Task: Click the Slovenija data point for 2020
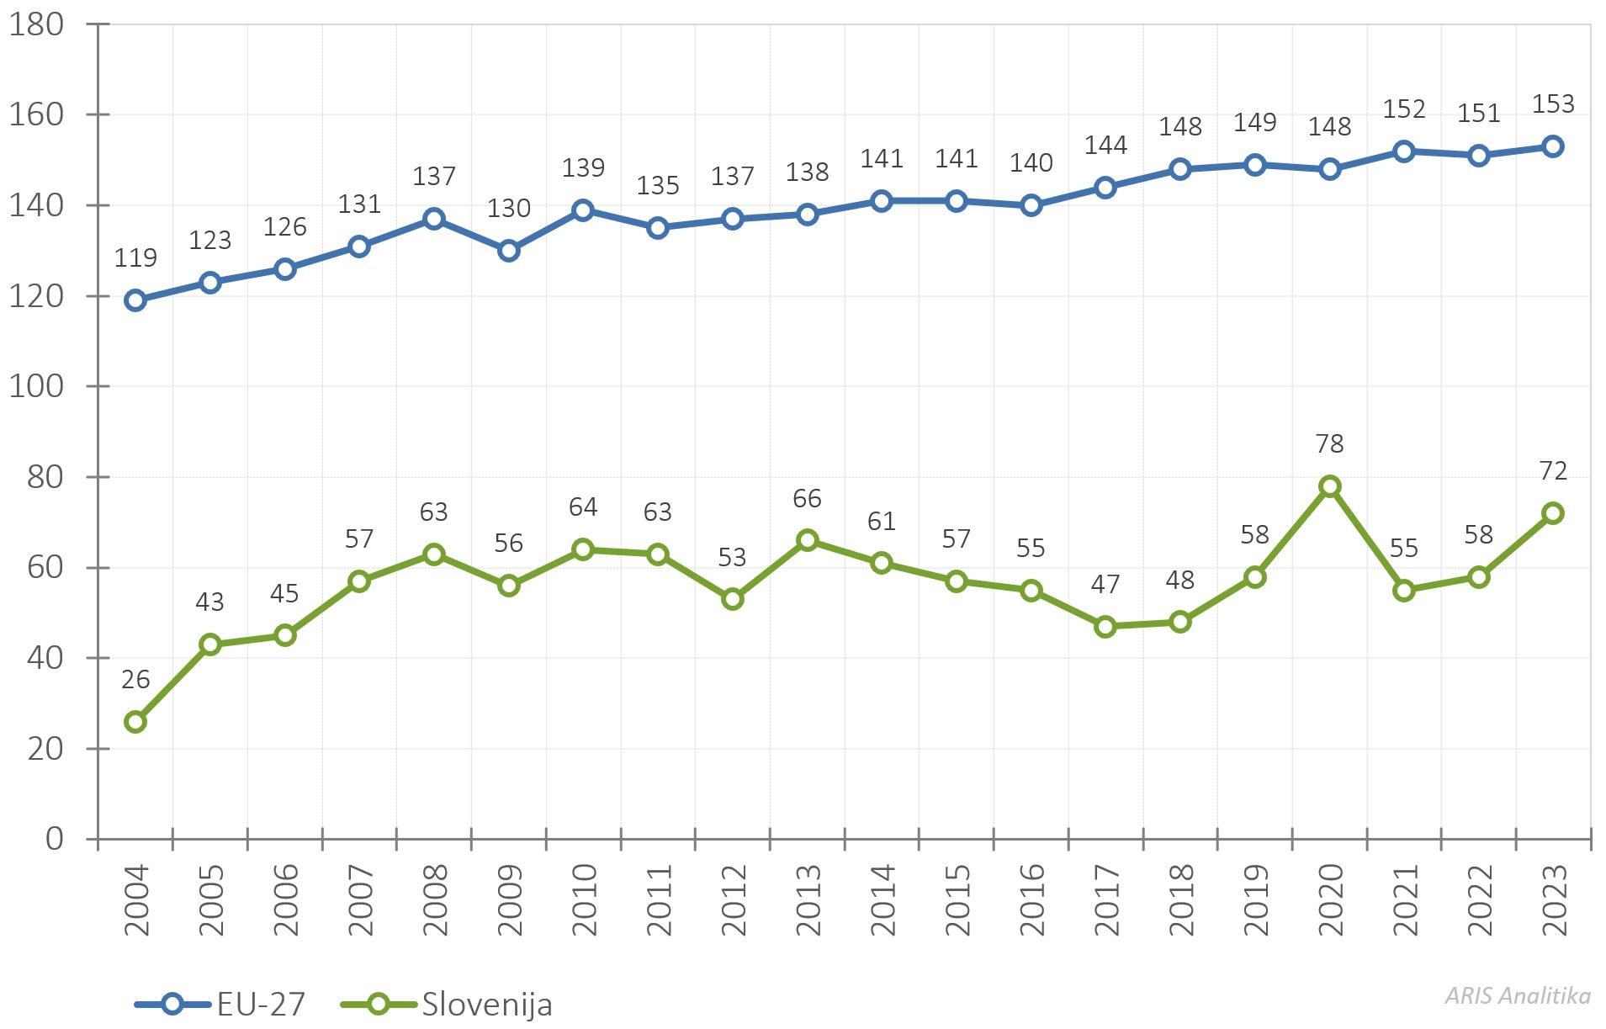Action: (x=1329, y=486)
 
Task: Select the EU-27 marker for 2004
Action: (x=135, y=300)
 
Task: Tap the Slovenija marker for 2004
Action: (x=135, y=722)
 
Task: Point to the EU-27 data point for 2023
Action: (x=1553, y=146)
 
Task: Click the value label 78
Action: (x=1329, y=443)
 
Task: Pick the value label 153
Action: (x=1553, y=103)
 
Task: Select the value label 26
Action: (x=135, y=679)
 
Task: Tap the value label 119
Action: (x=135, y=257)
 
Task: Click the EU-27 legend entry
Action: (x=220, y=1004)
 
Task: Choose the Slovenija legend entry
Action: (x=447, y=1005)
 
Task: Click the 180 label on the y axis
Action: (x=36, y=24)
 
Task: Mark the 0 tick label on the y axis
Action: (x=55, y=838)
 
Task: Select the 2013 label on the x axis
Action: (x=808, y=899)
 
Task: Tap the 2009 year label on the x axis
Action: (x=509, y=899)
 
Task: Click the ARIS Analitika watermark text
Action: (x=1518, y=995)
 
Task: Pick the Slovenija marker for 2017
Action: (x=1105, y=627)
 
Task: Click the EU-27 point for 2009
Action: (x=508, y=251)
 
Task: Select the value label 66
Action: (x=807, y=498)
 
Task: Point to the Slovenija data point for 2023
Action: (x=1553, y=513)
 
